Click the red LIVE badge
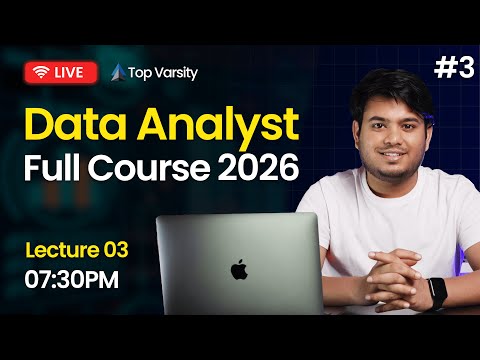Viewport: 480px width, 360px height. point(61,72)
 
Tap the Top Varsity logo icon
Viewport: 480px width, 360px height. point(118,72)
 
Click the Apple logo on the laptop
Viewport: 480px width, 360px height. point(238,270)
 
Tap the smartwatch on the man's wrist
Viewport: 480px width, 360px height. point(437,292)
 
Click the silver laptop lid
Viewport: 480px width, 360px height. point(238,255)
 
